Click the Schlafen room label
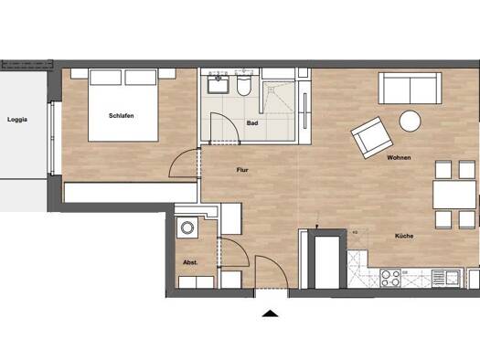tap(122, 116)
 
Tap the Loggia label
tap(17, 120)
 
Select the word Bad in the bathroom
tap(252, 123)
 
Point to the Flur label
tap(242, 170)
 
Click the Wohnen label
tap(399, 158)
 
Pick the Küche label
tap(404, 236)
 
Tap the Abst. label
tap(190, 262)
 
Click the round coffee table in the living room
tap(410, 122)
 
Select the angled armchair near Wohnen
tap(371, 138)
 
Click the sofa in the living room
tap(410, 88)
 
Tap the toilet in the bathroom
tap(244, 85)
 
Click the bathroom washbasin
tap(219, 84)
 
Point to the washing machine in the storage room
tap(187, 228)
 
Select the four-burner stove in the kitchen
tap(390, 278)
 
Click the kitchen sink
tap(446, 279)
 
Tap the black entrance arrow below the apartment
tap(270, 313)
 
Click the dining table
tap(454, 195)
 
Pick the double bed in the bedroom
tap(123, 105)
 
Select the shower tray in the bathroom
tap(279, 97)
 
